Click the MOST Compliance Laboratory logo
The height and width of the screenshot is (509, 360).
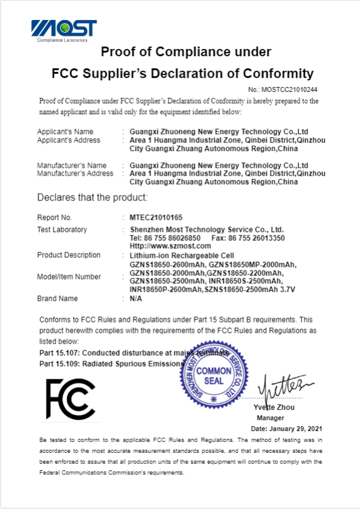63,30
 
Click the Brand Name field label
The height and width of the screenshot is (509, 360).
57,298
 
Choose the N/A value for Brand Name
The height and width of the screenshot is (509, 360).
136,298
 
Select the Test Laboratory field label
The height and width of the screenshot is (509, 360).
62,229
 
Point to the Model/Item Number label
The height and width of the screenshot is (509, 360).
69,277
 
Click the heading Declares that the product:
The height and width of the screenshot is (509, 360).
92,197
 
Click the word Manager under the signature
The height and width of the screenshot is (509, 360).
270,417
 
